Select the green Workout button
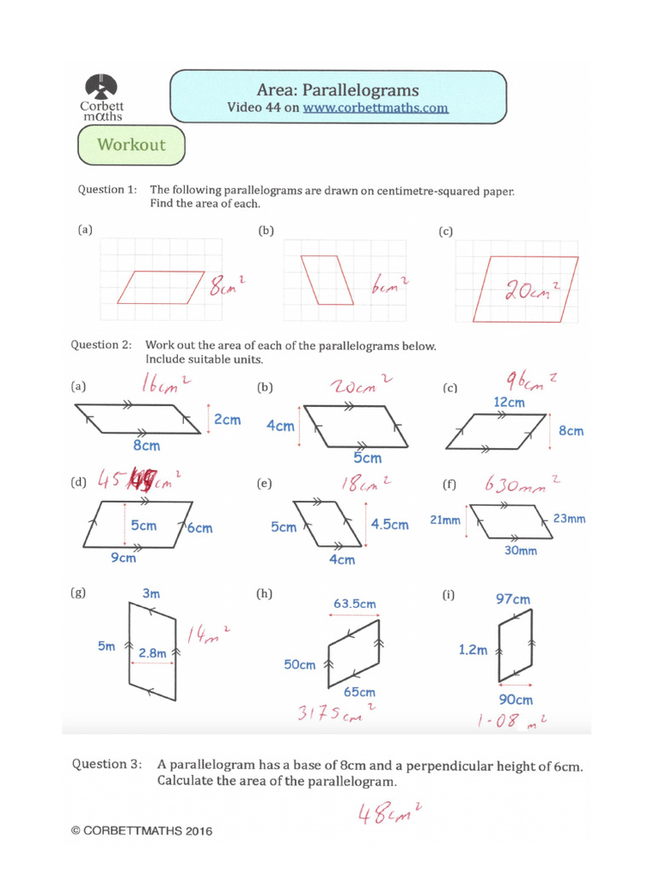point(130,145)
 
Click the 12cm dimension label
point(508,401)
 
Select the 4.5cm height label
point(389,525)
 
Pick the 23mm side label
point(569,518)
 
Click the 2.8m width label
point(152,652)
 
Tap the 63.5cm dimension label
point(354,604)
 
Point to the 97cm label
point(513,599)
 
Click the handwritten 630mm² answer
point(521,485)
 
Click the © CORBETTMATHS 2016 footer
point(141,830)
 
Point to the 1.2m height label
point(473,650)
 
